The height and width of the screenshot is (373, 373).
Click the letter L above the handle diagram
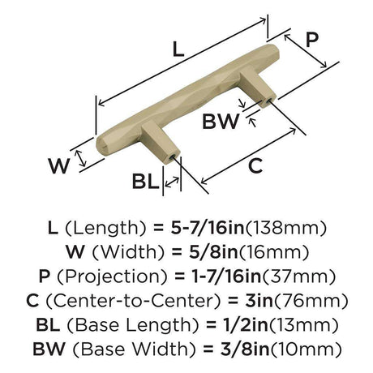tap(178, 49)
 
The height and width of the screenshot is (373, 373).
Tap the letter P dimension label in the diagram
tap(312, 40)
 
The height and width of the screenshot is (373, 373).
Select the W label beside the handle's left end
tap(59, 165)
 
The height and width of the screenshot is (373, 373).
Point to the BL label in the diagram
tap(145, 181)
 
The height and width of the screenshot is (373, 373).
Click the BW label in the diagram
tap(221, 122)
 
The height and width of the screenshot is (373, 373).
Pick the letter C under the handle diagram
tap(255, 165)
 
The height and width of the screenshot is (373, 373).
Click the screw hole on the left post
tap(173, 156)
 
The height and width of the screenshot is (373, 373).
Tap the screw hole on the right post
tap(268, 101)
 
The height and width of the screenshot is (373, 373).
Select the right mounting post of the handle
tap(258, 87)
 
